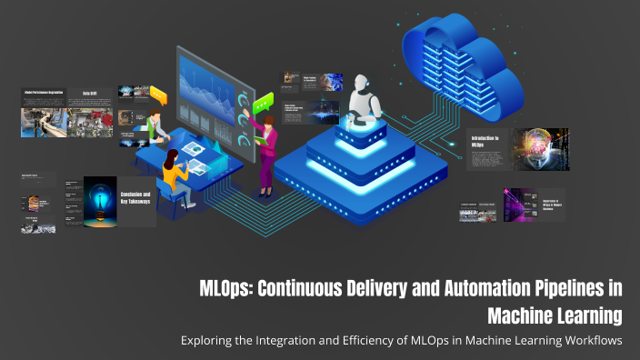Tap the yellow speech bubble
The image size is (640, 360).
pyautogui.click(x=158, y=95)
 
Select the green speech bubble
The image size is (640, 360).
pyautogui.click(x=265, y=102)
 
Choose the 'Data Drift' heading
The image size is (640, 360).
pyautogui.click(x=90, y=94)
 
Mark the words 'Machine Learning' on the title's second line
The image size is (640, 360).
pyautogui.click(x=555, y=315)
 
